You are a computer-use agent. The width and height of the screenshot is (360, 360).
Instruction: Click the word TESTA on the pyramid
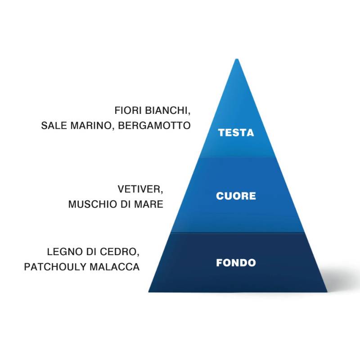tap(236, 133)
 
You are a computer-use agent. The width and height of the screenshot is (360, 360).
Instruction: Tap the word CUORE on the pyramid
tap(236, 196)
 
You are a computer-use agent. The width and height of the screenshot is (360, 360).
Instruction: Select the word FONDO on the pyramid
tap(236, 263)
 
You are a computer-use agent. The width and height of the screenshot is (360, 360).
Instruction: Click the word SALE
tap(54, 126)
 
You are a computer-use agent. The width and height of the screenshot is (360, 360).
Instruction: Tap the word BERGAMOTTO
tap(155, 126)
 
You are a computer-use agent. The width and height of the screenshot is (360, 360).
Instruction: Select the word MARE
tap(148, 204)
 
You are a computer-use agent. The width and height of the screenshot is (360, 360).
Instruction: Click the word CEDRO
tap(121, 252)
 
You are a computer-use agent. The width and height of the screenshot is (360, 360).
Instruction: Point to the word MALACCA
tap(114, 267)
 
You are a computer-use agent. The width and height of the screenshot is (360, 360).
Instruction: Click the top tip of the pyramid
tap(236, 60)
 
